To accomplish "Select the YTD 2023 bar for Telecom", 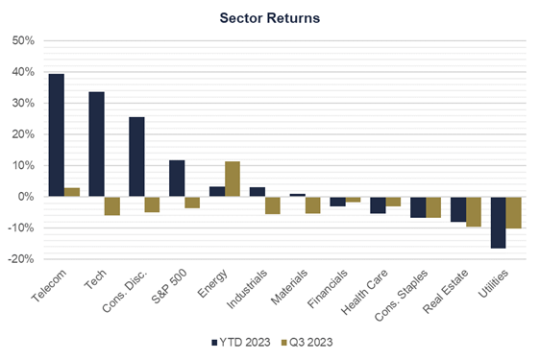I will [57, 135].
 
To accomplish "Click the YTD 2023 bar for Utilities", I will [498, 222].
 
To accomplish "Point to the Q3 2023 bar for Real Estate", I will [474, 211].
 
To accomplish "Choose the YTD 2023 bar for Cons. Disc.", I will [136, 156].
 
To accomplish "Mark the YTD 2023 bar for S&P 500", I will [177, 179].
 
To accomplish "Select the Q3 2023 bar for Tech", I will [111, 205].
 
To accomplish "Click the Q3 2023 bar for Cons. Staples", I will [433, 206].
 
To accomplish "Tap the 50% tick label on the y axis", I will [22, 41].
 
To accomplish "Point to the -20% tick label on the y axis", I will [20, 259].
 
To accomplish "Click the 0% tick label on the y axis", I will [26, 197].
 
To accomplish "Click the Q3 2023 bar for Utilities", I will [514, 212].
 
